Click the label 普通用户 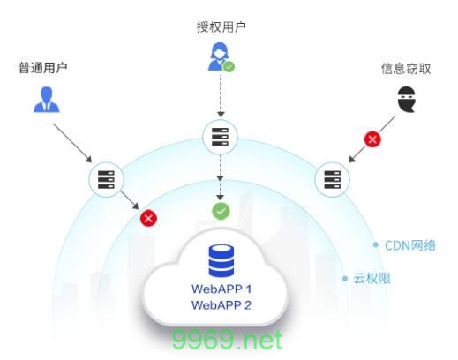43,67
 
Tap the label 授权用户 221,26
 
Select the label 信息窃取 406,68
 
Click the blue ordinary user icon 44,99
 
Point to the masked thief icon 406,101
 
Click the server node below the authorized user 221,137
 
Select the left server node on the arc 104,179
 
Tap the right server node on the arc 332,179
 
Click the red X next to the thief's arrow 373,139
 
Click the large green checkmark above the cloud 221,211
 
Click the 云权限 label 372,278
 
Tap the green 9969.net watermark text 229,340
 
